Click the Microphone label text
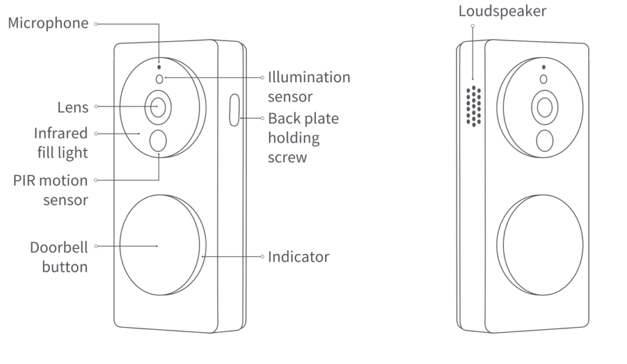point(48,24)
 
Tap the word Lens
point(73,107)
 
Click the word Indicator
point(298,256)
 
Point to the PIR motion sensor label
point(50,191)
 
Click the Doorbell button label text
point(59,257)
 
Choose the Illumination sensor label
point(309,86)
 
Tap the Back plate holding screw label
point(303,137)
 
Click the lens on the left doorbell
point(158,107)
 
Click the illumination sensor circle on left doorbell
point(160,78)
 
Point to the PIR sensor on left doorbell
point(158,141)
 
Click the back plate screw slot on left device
point(235,110)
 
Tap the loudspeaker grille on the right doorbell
point(473,106)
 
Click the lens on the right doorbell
point(543,107)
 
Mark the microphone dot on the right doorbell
point(543,67)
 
